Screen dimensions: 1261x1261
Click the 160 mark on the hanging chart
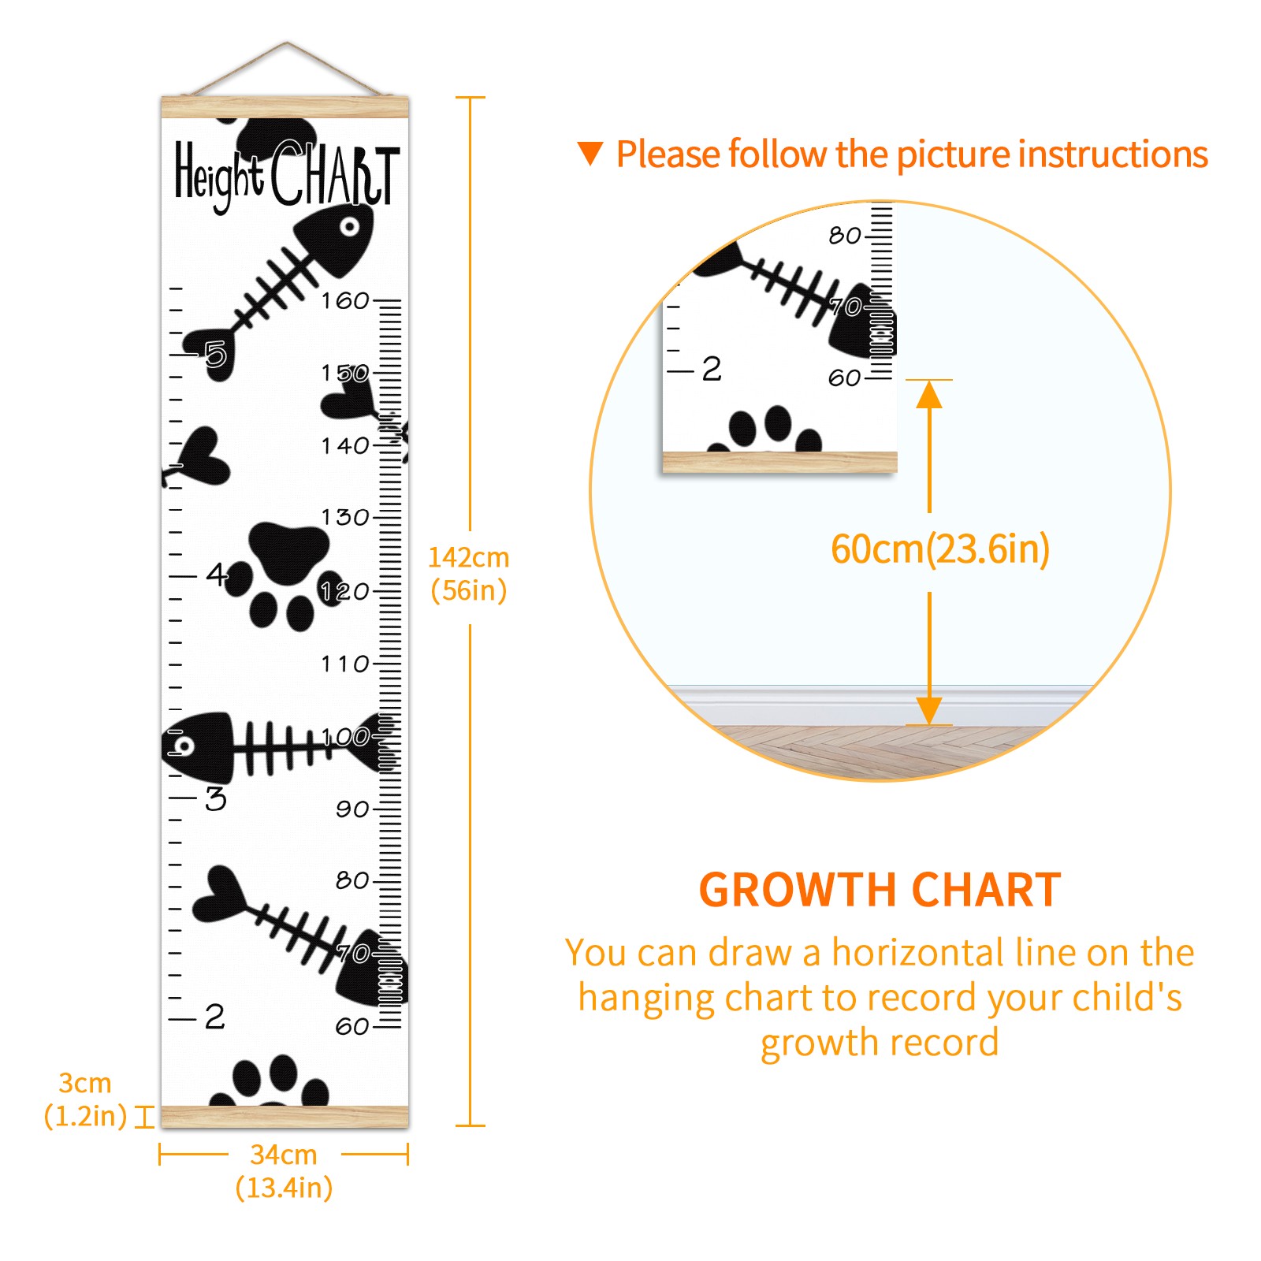tap(345, 300)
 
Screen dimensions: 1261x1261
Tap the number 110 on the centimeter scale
tap(345, 664)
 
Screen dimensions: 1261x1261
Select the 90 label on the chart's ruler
tap(352, 809)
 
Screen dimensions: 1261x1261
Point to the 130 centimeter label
tap(345, 517)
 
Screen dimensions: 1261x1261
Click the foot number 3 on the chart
tap(216, 798)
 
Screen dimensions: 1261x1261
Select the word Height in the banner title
tap(219, 177)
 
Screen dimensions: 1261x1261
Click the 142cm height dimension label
tap(469, 574)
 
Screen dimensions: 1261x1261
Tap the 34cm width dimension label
tap(284, 1171)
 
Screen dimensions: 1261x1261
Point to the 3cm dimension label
tap(85, 1099)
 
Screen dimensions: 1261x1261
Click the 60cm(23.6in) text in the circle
tap(940, 549)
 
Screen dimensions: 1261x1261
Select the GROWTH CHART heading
tap(880, 890)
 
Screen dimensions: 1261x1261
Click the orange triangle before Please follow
tap(590, 154)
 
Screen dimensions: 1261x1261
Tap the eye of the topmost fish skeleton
tap(349, 227)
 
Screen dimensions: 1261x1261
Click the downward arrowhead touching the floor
tap(929, 710)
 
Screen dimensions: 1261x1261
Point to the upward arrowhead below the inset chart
tap(929, 394)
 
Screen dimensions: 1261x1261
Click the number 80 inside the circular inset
tap(845, 235)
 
